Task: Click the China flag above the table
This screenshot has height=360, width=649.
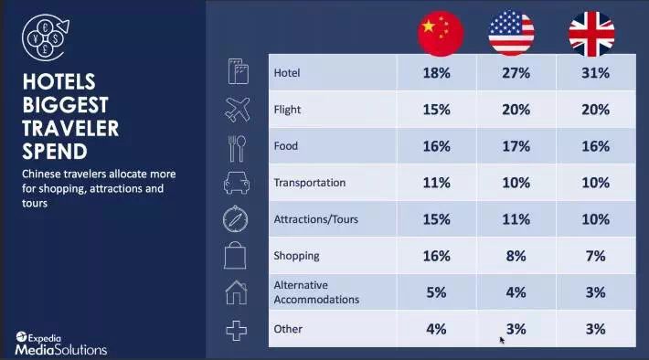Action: point(441,34)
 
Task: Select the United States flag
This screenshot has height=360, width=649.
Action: point(512,33)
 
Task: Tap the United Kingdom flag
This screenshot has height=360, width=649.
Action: point(591,34)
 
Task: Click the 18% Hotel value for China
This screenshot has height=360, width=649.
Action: point(436,73)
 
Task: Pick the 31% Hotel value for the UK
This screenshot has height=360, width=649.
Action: point(596,73)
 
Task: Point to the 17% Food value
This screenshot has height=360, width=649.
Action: point(516,146)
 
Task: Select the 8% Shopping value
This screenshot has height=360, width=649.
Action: point(516,256)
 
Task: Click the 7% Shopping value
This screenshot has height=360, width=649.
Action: point(596,256)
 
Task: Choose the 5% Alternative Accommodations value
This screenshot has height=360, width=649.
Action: point(436,292)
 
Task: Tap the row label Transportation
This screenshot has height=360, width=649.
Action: point(310,183)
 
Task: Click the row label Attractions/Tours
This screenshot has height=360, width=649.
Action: point(315,219)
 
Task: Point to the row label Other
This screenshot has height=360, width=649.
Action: point(288,329)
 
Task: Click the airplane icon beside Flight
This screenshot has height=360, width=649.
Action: point(237,110)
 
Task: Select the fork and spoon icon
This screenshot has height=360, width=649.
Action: point(237,148)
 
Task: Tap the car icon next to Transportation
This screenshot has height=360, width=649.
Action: point(237,183)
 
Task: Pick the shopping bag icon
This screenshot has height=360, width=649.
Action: point(235,256)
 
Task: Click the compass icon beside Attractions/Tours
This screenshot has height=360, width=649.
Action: point(236,219)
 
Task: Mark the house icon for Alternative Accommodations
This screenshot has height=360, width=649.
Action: point(237,292)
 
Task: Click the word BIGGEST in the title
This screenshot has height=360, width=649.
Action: point(66,105)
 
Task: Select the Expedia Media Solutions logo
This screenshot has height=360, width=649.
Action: point(61,344)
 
